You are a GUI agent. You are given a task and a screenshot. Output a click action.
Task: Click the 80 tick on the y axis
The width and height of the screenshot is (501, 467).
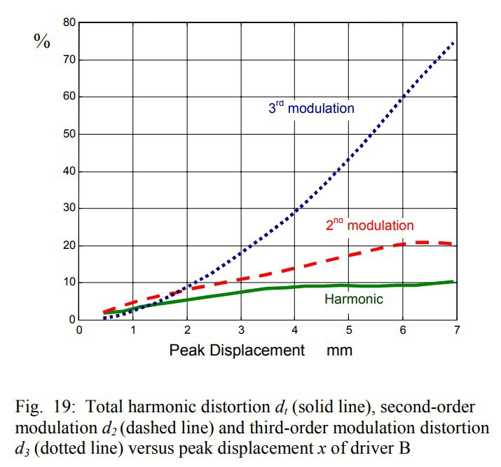(68, 22)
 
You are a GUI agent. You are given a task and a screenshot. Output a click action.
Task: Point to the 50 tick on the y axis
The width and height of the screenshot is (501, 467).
(68, 134)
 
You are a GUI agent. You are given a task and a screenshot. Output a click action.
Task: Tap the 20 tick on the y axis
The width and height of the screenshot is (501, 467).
(68, 245)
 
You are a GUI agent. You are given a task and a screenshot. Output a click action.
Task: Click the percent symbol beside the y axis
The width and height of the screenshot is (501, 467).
(42, 40)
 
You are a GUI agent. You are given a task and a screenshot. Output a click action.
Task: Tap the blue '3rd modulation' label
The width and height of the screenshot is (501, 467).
(312, 108)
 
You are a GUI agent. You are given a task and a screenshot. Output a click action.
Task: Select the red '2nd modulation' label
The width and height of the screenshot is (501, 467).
(370, 225)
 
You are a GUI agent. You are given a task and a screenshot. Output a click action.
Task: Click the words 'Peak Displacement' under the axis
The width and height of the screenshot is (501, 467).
(237, 350)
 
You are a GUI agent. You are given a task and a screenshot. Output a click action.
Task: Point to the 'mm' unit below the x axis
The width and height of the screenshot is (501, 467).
(339, 350)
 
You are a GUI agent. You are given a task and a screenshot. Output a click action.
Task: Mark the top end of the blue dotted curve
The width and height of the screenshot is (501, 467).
(454, 43)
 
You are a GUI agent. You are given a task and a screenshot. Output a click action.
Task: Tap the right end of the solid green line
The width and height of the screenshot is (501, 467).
(454, 281)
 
